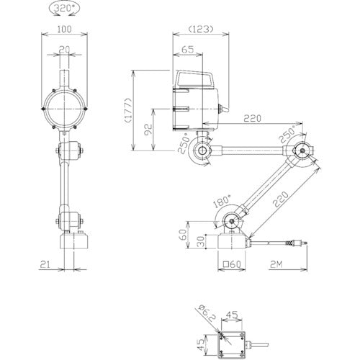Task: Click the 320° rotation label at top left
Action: pyautogui.click(x=64, y=9)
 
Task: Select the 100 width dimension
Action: pyautogui.click(x=65, y=29)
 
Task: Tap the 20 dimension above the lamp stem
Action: pyautogui.click(x=64, y=50)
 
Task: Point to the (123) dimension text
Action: pyautogui.click(x=201, y=29)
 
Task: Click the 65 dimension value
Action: pyautogui.click(x=187, y=50)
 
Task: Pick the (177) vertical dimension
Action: pyautogui.click(x=129, y=110)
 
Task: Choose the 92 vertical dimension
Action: pyautogui.click(x=149, y=130)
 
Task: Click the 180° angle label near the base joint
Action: pyautogui.click(x=222, y=201)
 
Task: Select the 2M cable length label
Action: pyautogui.click(x=276, y=264)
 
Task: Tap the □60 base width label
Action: pyautogui.click(x=232, y=264)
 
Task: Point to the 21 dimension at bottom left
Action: pyautogui.click(x=45, y=264)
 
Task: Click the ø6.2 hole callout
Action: pyautogui.click(x=207, y=312)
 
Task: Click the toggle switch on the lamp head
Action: pyautogui.click(x=223, y=109)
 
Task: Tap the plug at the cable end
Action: pyautogui.click(x=296, y=243)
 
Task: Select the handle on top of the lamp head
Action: pyautogui.click(x=195, y=78)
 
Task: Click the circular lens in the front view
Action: pyautogui.click(x=64, y=109)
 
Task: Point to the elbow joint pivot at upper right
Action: pyautogui.click(x=302, y=150)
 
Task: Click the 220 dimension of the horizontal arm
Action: pyautogui.click(x=252, y=118)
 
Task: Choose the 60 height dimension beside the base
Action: pyautogui.click(x=183, y=235)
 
